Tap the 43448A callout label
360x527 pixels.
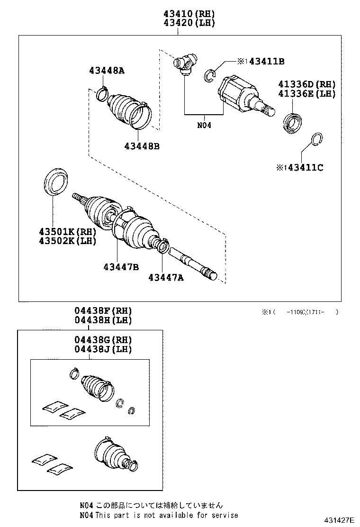click(107, 71)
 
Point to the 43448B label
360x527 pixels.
click(142, 146)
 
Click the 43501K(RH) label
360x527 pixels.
click(68, 232)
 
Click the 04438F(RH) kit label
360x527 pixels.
click(103, 311)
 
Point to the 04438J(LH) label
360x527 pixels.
click(103, 349)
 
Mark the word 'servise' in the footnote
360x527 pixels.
click(224, 515)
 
